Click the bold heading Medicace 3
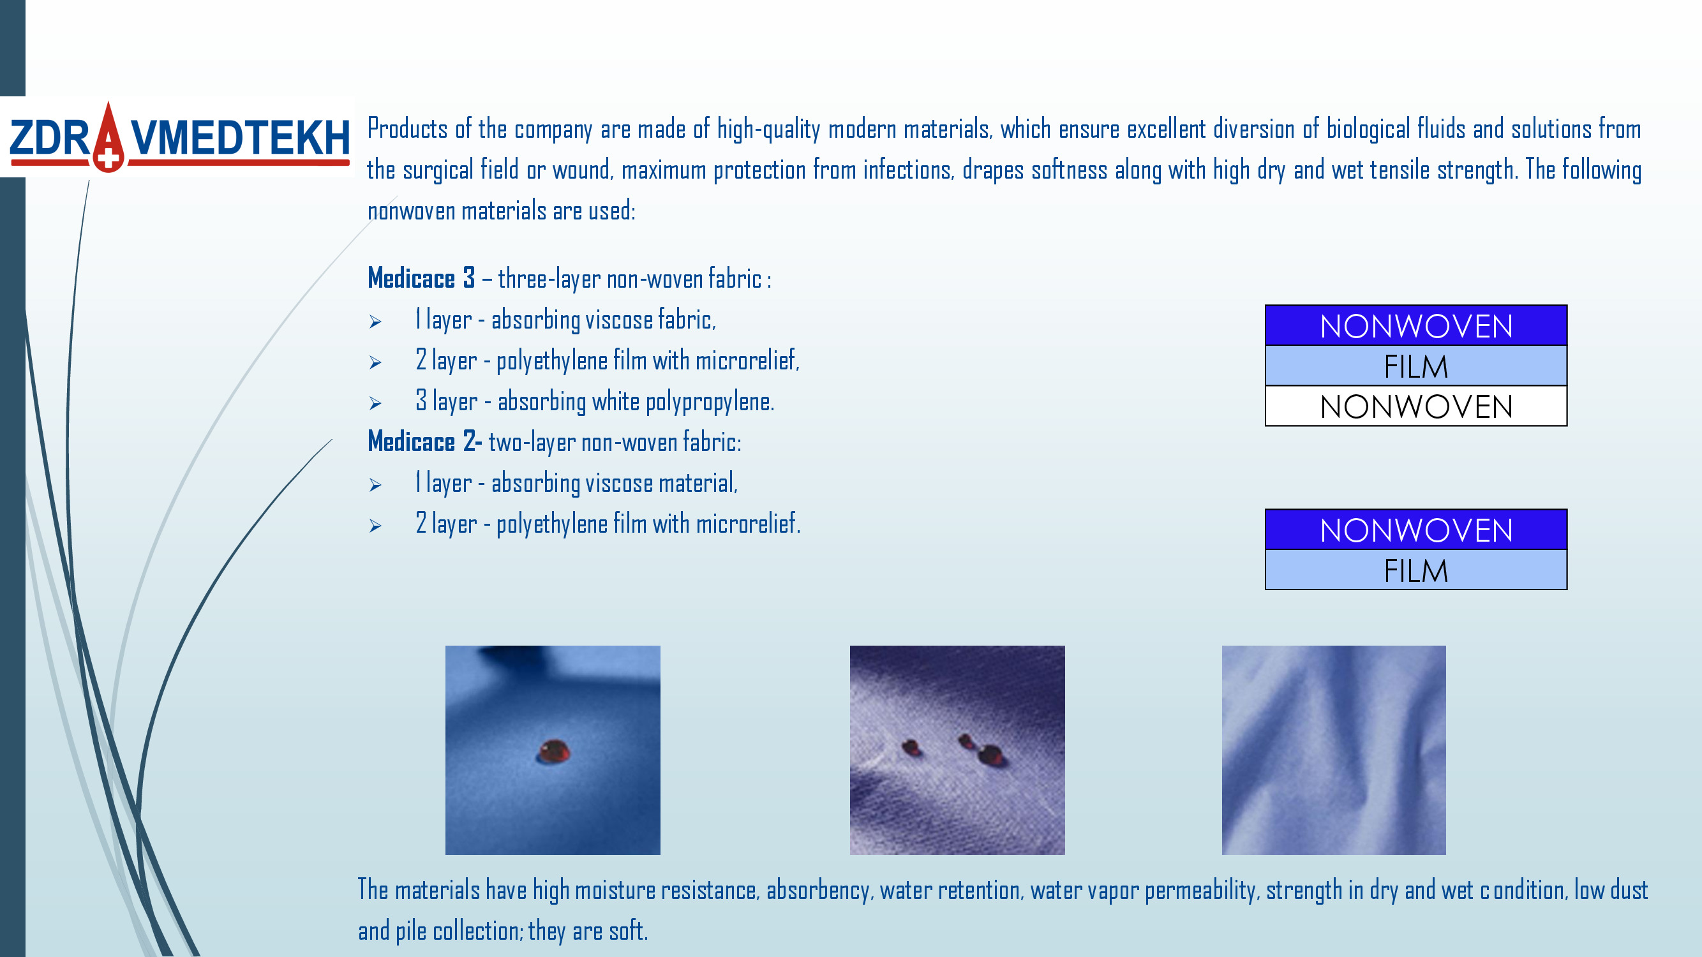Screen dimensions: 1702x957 coord(421,278)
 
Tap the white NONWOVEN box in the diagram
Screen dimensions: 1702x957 coord(1416,406)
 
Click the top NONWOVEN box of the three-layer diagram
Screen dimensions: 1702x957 coord(1416,325)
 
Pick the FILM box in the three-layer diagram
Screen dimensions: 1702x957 coord(1416,366)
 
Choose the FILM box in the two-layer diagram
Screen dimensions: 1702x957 coord(1416,570)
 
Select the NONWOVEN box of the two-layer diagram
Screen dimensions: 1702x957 coord(1416,530)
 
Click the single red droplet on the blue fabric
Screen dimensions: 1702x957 coord(554,751)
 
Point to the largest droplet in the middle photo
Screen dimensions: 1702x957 coord(990,754)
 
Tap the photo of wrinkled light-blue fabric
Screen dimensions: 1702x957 coord(1333,750)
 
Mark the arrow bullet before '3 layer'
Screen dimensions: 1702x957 coord(375,403)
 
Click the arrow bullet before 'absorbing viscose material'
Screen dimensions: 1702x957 coord(375,485)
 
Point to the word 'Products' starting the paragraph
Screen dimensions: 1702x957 coord(407,128)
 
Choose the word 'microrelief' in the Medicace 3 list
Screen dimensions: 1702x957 coord(747,360)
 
